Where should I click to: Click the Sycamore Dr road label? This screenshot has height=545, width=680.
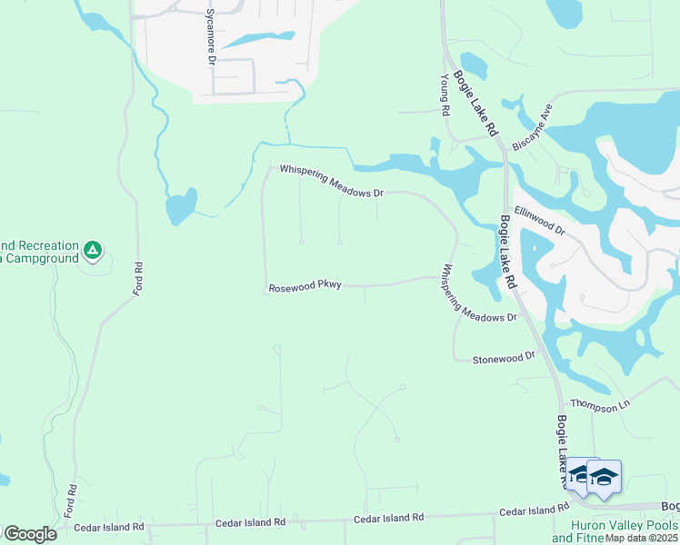point(209,36)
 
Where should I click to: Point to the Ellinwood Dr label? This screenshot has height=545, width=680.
point(540,220)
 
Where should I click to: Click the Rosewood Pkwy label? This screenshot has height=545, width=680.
point(305,287)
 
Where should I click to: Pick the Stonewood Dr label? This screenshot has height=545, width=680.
point(505,360)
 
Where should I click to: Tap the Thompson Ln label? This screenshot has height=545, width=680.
point(599,405)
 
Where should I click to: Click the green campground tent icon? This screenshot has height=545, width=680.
point(92,249)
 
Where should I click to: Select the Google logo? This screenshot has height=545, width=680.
point(29,534)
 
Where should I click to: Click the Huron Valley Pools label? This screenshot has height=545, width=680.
point(624,525)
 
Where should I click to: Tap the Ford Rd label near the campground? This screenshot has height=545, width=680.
point(138,279)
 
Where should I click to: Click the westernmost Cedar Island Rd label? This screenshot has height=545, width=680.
point(109,527)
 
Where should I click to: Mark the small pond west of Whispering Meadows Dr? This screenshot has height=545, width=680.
point(181,207)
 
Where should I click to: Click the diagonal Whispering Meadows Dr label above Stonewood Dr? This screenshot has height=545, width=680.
point(479,293)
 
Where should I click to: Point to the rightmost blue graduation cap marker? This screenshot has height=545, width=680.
point(604,478)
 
